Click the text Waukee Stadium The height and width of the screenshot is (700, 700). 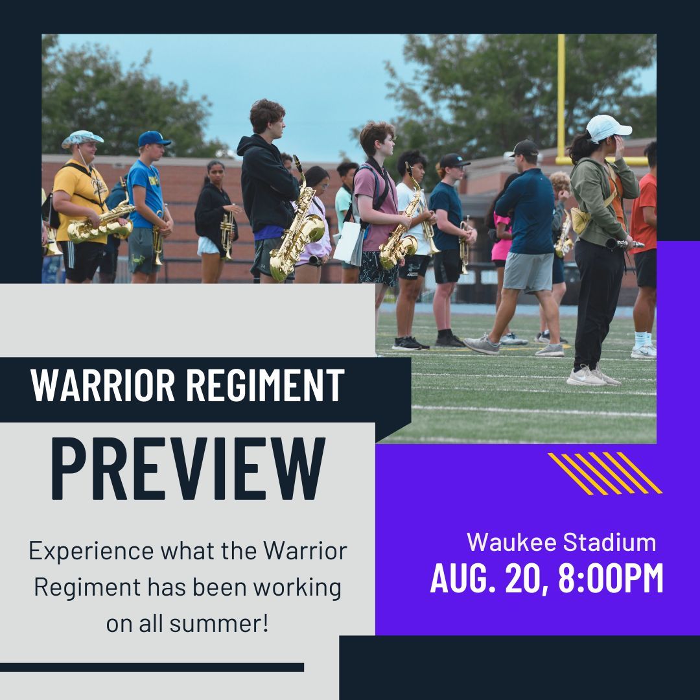tap(561, 542)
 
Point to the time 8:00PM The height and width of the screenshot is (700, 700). tap(611, 579)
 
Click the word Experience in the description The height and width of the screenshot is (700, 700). tap(91, 552)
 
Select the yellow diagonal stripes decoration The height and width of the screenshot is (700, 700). tap(604, 472)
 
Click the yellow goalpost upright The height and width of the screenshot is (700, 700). tap(561, 97)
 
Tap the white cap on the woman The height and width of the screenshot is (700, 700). tap(607, 127)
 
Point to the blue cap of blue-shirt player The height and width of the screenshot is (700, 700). tap(154, 139)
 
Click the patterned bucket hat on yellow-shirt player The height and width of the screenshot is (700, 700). tap(82, 137)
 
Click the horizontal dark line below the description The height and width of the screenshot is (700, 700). tap(152, 667)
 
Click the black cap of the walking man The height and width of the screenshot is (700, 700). tap(524, 148)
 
